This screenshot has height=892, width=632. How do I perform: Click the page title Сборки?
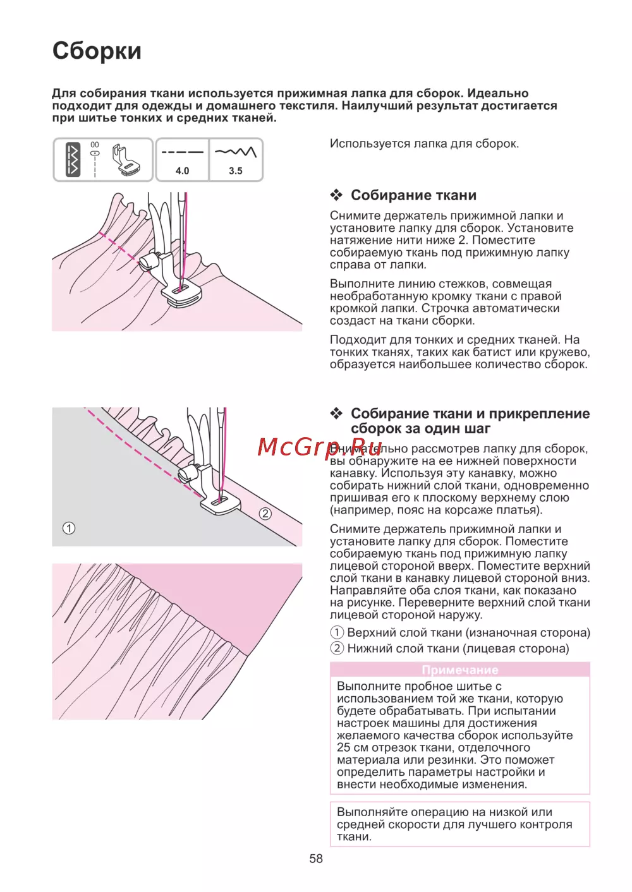tap(97, 51)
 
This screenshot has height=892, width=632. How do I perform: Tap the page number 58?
tap(316, 859)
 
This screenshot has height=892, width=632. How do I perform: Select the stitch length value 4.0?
tap(182, 171)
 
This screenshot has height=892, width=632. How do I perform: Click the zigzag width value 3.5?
tap(236, 171)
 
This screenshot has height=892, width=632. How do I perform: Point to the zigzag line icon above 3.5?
tap(236, 152)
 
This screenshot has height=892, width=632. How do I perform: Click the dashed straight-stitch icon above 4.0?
tap(182, 152)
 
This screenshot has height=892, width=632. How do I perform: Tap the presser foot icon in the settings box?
tap(126, 160)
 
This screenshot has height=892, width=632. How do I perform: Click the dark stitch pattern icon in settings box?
tap(73, 160)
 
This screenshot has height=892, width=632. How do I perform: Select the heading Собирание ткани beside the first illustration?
tap(413, 195)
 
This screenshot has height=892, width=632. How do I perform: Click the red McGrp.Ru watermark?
tap(319, 447)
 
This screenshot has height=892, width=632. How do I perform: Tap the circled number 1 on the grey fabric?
tap(69, 528)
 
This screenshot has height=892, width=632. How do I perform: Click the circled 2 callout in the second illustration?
tap(265, 514)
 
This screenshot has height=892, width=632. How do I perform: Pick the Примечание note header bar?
tap(459, 670)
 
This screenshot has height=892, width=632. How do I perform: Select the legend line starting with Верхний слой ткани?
tap(460, 632)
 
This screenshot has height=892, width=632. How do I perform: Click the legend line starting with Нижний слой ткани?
tap(449, 648)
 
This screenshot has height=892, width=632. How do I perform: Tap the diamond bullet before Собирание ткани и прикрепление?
tap(337, 414)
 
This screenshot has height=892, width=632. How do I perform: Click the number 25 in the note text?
tap(344, 747)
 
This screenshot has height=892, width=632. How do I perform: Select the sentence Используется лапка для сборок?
tap(424, 143)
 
